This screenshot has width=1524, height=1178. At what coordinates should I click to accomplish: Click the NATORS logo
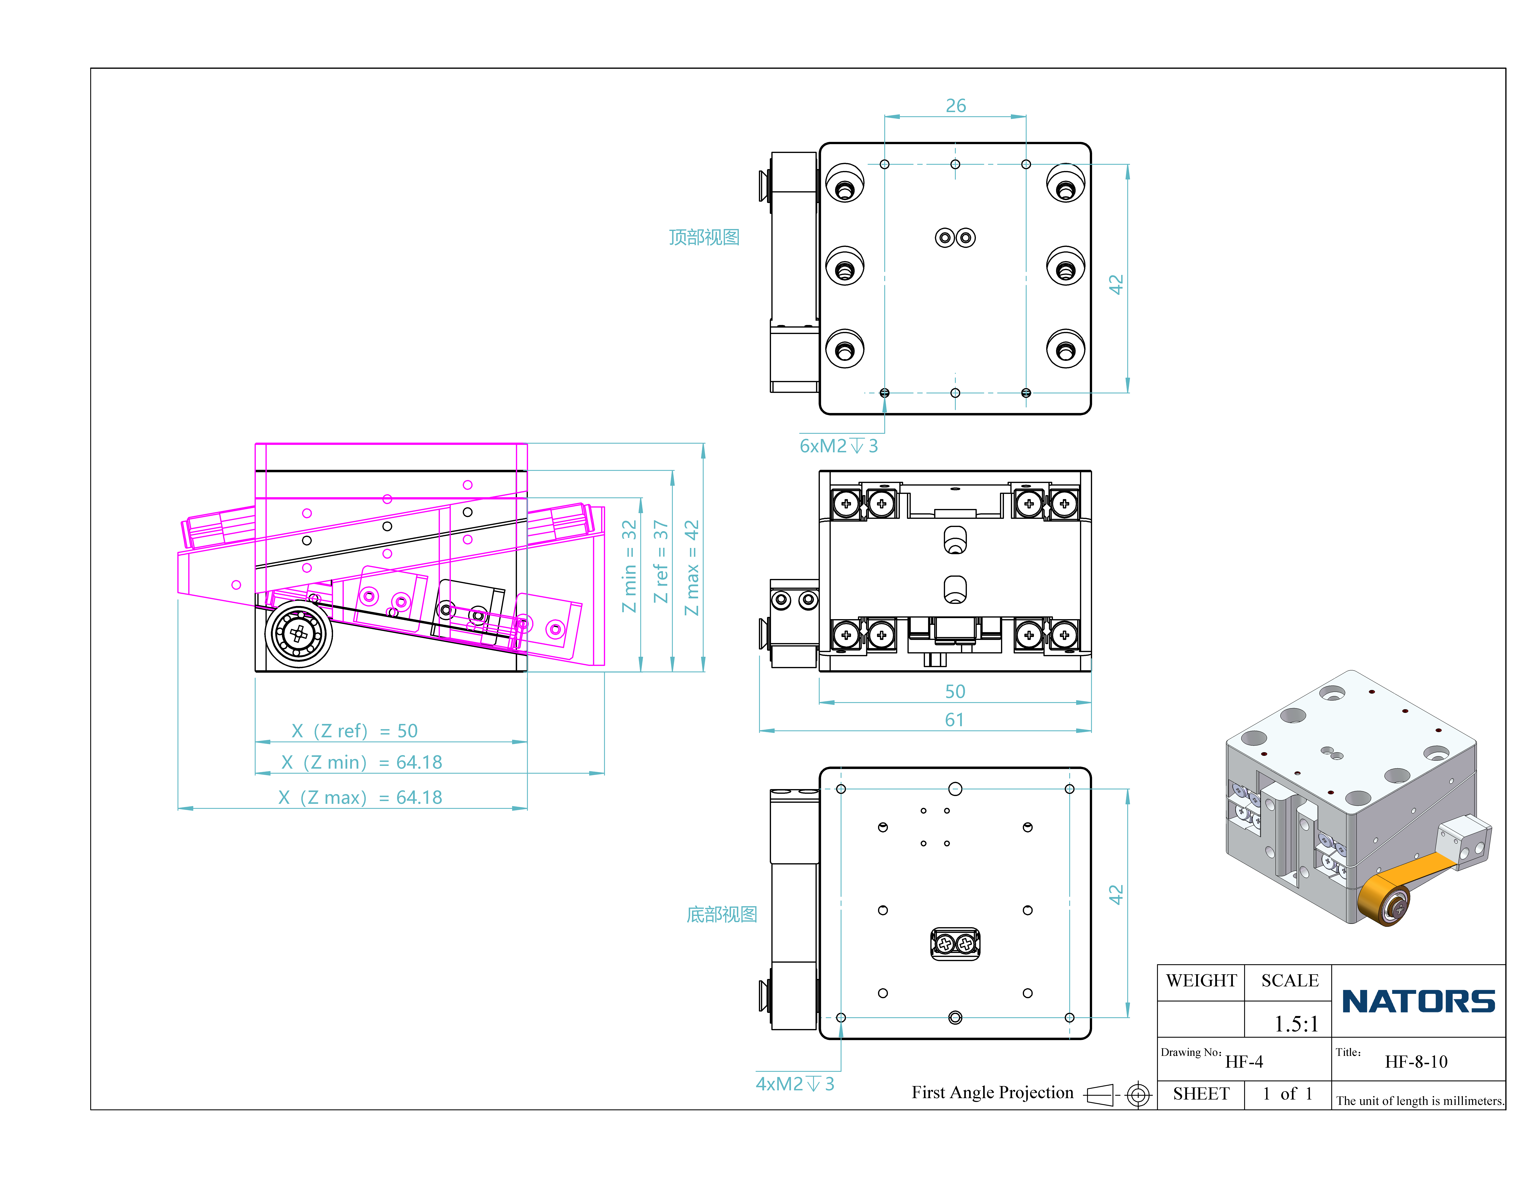pos(1418,1001)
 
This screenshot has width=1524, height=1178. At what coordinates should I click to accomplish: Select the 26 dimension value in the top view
pos(955,105)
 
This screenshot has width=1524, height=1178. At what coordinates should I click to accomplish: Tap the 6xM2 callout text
pos(838,446)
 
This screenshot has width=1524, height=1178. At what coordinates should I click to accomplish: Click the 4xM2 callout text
pos(795,1084)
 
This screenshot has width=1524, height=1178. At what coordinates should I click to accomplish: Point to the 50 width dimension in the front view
pos(955,692)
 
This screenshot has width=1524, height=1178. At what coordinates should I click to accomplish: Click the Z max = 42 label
pos(692,567)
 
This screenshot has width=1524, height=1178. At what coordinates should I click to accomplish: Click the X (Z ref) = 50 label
pos(355,731)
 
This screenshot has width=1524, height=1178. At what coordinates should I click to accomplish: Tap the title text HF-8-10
pos(1416,1061)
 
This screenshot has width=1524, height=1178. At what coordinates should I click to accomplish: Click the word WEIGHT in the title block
pos(1201,981)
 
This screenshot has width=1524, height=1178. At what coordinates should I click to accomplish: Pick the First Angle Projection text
pos(992,1092)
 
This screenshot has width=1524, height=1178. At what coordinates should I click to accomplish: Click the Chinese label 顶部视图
pos(704,237)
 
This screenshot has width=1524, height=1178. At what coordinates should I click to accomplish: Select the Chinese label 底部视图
pos(721,914)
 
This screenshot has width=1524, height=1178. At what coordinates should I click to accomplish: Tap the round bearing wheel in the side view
pos(299,634)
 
